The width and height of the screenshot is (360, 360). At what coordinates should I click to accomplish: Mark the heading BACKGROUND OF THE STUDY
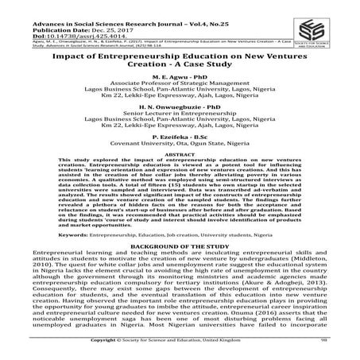click(179, 248)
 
